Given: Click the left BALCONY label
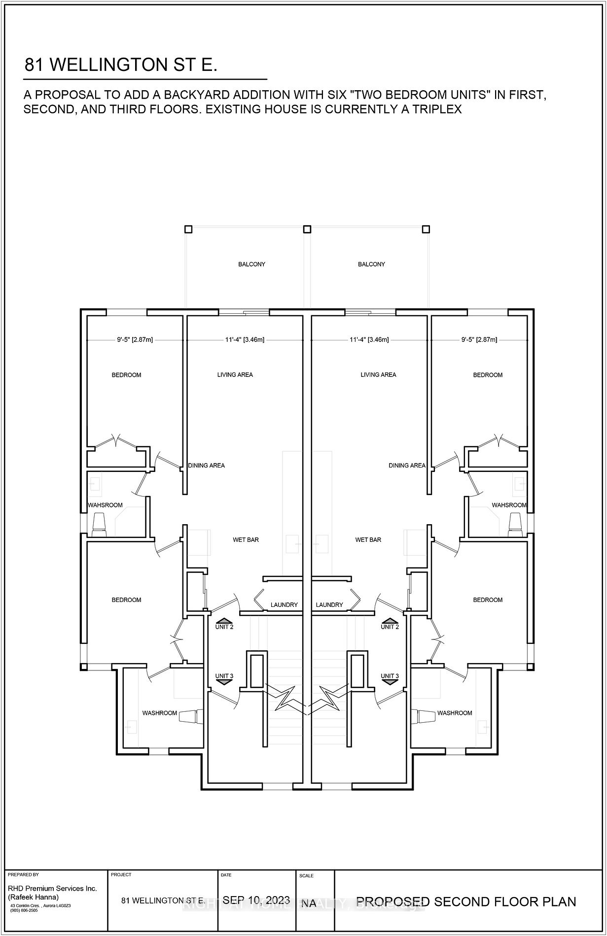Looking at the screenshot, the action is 251,265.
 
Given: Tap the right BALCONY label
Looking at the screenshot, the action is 371,265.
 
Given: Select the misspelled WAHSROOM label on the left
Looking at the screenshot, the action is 105,505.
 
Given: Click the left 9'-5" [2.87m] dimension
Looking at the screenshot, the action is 135,339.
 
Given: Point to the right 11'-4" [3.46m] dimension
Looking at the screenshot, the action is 369,339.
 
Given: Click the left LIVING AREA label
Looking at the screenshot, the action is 235,375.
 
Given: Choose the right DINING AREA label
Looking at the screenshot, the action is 407,466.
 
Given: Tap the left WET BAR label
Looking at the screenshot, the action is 246,540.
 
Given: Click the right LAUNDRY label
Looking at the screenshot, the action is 329,605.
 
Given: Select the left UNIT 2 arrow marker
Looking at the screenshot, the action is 224,621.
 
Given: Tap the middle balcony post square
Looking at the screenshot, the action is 307,229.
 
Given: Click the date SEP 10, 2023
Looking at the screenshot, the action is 256,900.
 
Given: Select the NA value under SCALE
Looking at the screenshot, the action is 309,903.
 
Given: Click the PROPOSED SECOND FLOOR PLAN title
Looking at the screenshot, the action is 466,902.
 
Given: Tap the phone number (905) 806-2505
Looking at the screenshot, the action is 23,910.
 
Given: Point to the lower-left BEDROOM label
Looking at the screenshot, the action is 126,600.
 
